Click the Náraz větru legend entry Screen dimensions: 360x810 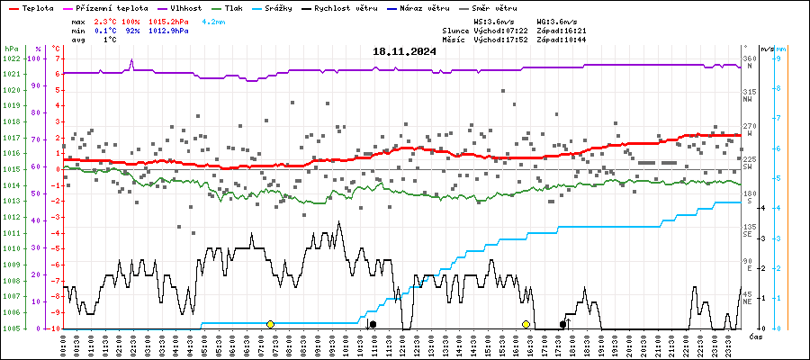pyautogui.click(x=449, y=7)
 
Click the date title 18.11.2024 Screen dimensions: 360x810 pyautogui.click(x=404, y=51)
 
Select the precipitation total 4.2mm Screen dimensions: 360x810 pyautogui.click(x=214, y=21)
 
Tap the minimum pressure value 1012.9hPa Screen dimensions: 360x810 pyautogui.click(x=169, y=31)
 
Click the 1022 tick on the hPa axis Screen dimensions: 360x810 pyautogui.click(x=12, y=58)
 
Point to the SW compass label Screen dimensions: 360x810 pyautogui.click(x=747, y=168)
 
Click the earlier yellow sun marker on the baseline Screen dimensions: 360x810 pyautogui.click(x=270, y=324)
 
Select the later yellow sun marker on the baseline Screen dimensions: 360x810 pyautogui.click(x=526, y=324)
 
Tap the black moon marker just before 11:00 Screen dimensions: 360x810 pyautogui.click(x=373, y=324)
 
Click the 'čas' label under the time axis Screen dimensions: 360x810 pyautogui.click(x=757, y=337)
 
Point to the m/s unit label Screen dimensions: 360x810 pyautogui.click(x=767, y=49)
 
